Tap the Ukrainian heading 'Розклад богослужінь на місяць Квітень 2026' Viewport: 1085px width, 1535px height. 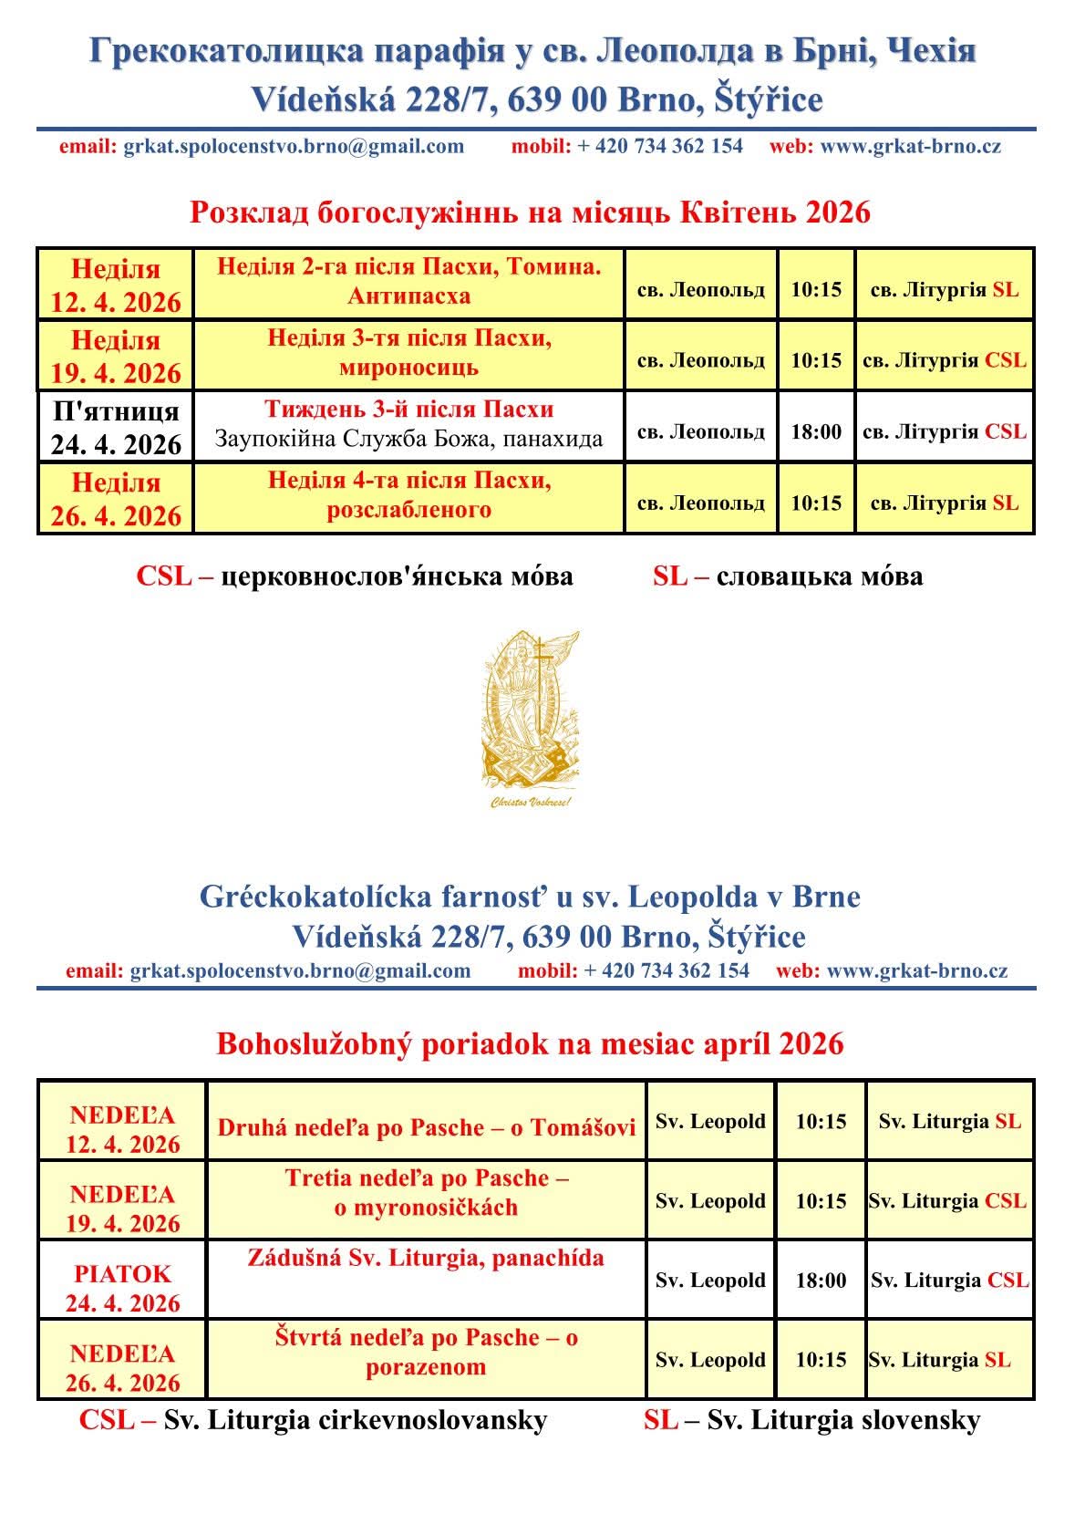pos(530,213)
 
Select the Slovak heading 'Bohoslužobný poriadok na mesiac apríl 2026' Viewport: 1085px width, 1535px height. pos(530,1043)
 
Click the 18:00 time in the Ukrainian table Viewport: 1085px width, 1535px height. pos(816,431)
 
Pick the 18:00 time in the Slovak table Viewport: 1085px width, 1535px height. pos(821,1281)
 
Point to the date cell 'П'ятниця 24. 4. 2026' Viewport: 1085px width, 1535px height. pos(116,427)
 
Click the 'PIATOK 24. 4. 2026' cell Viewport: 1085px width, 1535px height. pos(122,1288)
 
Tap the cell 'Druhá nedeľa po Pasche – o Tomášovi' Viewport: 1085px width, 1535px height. pos(426,1127)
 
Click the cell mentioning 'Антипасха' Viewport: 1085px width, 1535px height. pos(409,282)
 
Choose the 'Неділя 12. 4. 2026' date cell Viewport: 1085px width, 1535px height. pos(116,285)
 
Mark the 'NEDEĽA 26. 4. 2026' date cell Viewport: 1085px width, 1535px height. pos(122,1367)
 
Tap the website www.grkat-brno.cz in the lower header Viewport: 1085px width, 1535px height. pos(917,970)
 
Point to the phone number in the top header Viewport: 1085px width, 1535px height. pos(660,146)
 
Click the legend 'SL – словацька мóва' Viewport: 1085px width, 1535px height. pos(788,576)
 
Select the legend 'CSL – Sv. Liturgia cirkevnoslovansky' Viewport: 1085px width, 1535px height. pos(313,1420)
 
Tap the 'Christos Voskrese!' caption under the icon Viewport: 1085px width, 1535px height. pos(531,803)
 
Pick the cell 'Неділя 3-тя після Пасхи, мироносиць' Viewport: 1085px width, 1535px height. pos(409,353)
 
